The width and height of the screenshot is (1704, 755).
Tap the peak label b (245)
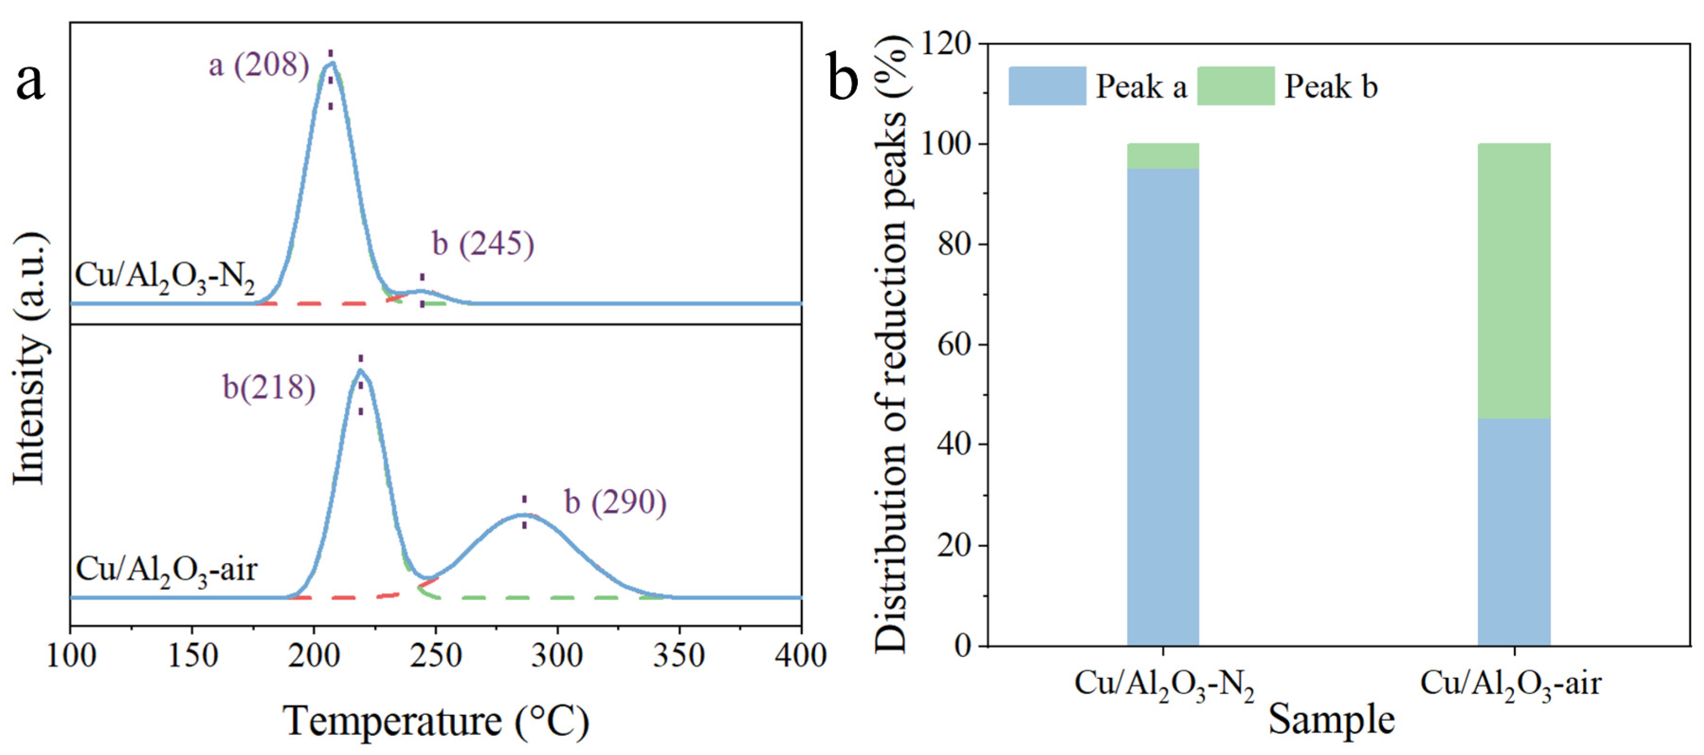point(483,243)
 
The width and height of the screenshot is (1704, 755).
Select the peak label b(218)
point(268,387)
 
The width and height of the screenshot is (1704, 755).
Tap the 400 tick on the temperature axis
point(800,656)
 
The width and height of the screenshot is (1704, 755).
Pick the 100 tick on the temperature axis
point(71,656)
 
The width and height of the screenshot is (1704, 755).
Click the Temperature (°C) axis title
point(436,721)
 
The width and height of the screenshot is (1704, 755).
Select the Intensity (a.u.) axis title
point(30,359)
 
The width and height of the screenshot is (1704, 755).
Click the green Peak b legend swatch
point(1235,86)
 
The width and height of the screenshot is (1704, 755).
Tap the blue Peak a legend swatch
point(1046,86)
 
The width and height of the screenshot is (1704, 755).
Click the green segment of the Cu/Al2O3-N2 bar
point(1163,156)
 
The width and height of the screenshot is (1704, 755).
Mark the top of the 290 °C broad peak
point(524,514)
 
